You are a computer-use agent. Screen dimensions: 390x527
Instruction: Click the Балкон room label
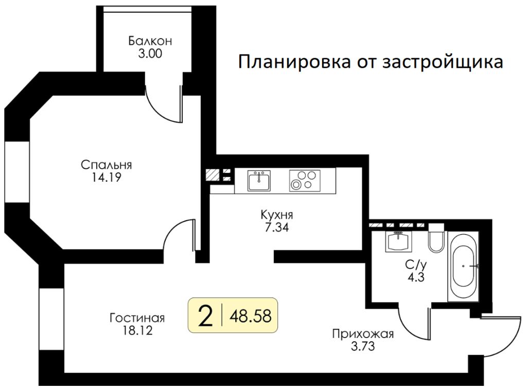click(x=150, y=41)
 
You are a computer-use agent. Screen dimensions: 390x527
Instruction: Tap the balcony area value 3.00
click(x=150, y=53)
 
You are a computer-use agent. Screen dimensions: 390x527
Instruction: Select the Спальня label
click(x=107, y=165)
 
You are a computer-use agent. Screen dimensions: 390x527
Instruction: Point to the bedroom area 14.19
click(x=107, y=178)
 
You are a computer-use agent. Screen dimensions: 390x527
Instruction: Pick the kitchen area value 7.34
click(x=273, y=227)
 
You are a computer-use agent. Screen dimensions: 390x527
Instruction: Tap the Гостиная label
click(x=137, y=316)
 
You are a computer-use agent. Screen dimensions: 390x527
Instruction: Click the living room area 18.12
click(x=137, y=329)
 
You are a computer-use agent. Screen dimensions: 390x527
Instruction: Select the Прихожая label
click(x=363, y=334)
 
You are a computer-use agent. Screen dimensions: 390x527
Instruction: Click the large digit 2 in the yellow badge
click(x=205, y=315)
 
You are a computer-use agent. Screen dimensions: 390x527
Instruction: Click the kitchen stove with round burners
click(x=304, y=181)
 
